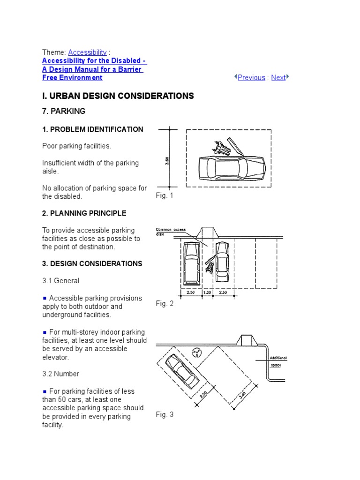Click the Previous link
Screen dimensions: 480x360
coord(251,78)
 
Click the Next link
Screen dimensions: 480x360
coord(278,78)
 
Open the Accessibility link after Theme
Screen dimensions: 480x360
coord(87,52)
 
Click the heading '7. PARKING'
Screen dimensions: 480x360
coord(64,111)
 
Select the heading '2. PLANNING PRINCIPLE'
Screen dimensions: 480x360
coord(84,213)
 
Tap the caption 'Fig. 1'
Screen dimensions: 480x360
coord(165,195)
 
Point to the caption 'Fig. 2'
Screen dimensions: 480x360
coord(165,304)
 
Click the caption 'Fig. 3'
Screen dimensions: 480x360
coord(165,415)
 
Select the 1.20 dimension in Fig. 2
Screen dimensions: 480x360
coord(207,292)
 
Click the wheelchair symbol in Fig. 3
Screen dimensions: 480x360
coord(197,352)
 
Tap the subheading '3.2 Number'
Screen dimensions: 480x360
coord(61,374)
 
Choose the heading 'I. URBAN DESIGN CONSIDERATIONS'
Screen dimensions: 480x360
coord(118,96)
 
